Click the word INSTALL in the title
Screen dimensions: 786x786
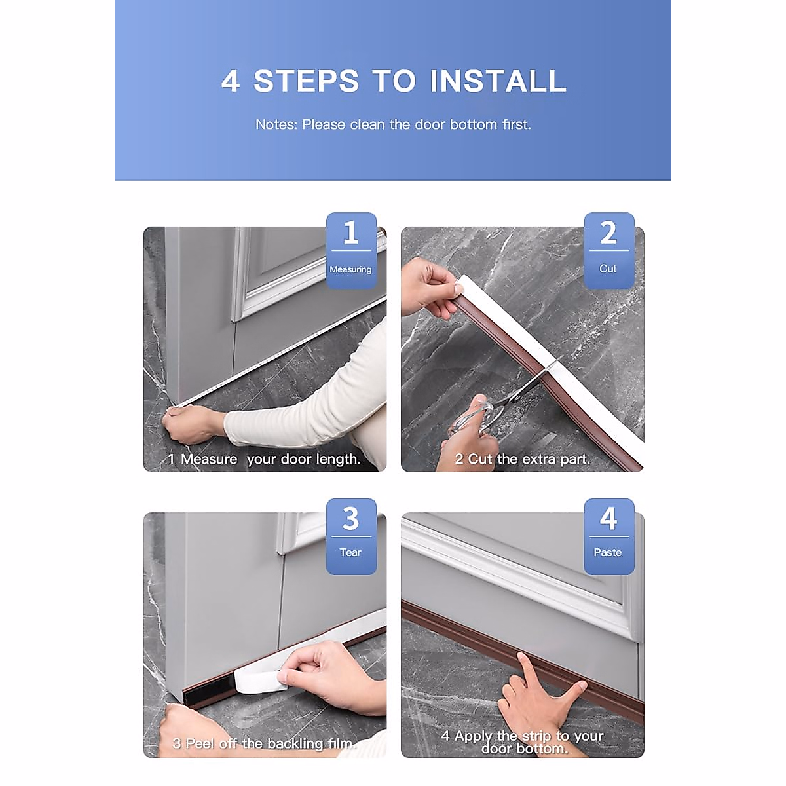(498, 81)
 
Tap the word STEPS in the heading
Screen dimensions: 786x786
(307, 81)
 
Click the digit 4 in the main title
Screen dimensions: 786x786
(231, 82)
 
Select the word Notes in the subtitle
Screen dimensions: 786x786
(276, 124)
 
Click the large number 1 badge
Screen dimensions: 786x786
(351, 233)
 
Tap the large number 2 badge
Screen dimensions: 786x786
(608, 233)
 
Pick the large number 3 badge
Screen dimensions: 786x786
(351, 519)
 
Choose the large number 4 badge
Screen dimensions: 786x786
(608, 519)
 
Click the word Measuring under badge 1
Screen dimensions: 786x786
(350, 269)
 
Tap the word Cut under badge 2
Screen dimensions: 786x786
(608, 269)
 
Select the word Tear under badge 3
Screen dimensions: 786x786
(350, 552)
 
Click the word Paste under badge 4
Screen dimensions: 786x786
(608, 552)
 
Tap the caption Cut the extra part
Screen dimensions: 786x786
(523, 459)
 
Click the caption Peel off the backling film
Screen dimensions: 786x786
(264, 743)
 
